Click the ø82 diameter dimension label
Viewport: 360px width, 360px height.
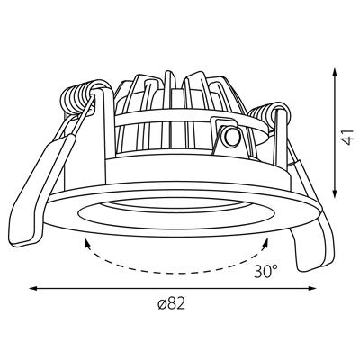point(171,304)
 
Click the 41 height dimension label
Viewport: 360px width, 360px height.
point(348,138)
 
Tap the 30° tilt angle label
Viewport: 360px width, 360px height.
point(266,271)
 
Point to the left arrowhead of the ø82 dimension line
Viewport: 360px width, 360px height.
point(32,289)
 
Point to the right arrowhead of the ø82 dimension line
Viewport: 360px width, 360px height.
point(313,289)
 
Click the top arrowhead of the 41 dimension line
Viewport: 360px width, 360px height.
point(335,73)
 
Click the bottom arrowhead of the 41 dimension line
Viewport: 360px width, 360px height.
point(335,193)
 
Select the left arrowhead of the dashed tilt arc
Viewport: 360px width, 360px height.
point(87,243)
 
